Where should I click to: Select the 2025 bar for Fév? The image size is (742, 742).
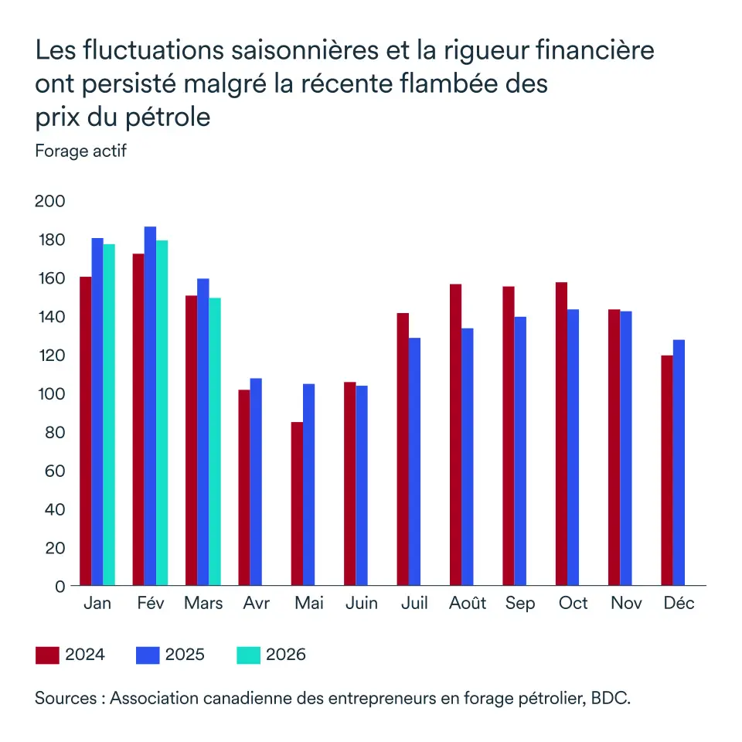(x=150, y=406)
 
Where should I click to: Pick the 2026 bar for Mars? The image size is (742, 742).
(x=215, y=441)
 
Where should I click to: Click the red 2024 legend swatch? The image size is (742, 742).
(x=47, y=655)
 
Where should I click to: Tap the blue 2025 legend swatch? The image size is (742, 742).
(x=147, y=655)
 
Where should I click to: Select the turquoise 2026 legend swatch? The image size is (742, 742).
(x=247, y=655)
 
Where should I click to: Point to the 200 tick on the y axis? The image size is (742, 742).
(x=49, y=202)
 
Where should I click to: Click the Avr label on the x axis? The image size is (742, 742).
(x=256, y=604)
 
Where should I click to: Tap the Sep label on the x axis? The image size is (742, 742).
(x=519, y=604)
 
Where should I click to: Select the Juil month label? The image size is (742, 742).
(x=415, y=604)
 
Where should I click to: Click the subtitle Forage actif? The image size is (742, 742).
(x=80, y=151)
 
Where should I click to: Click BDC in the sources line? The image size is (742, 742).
(x=610, y=698)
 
